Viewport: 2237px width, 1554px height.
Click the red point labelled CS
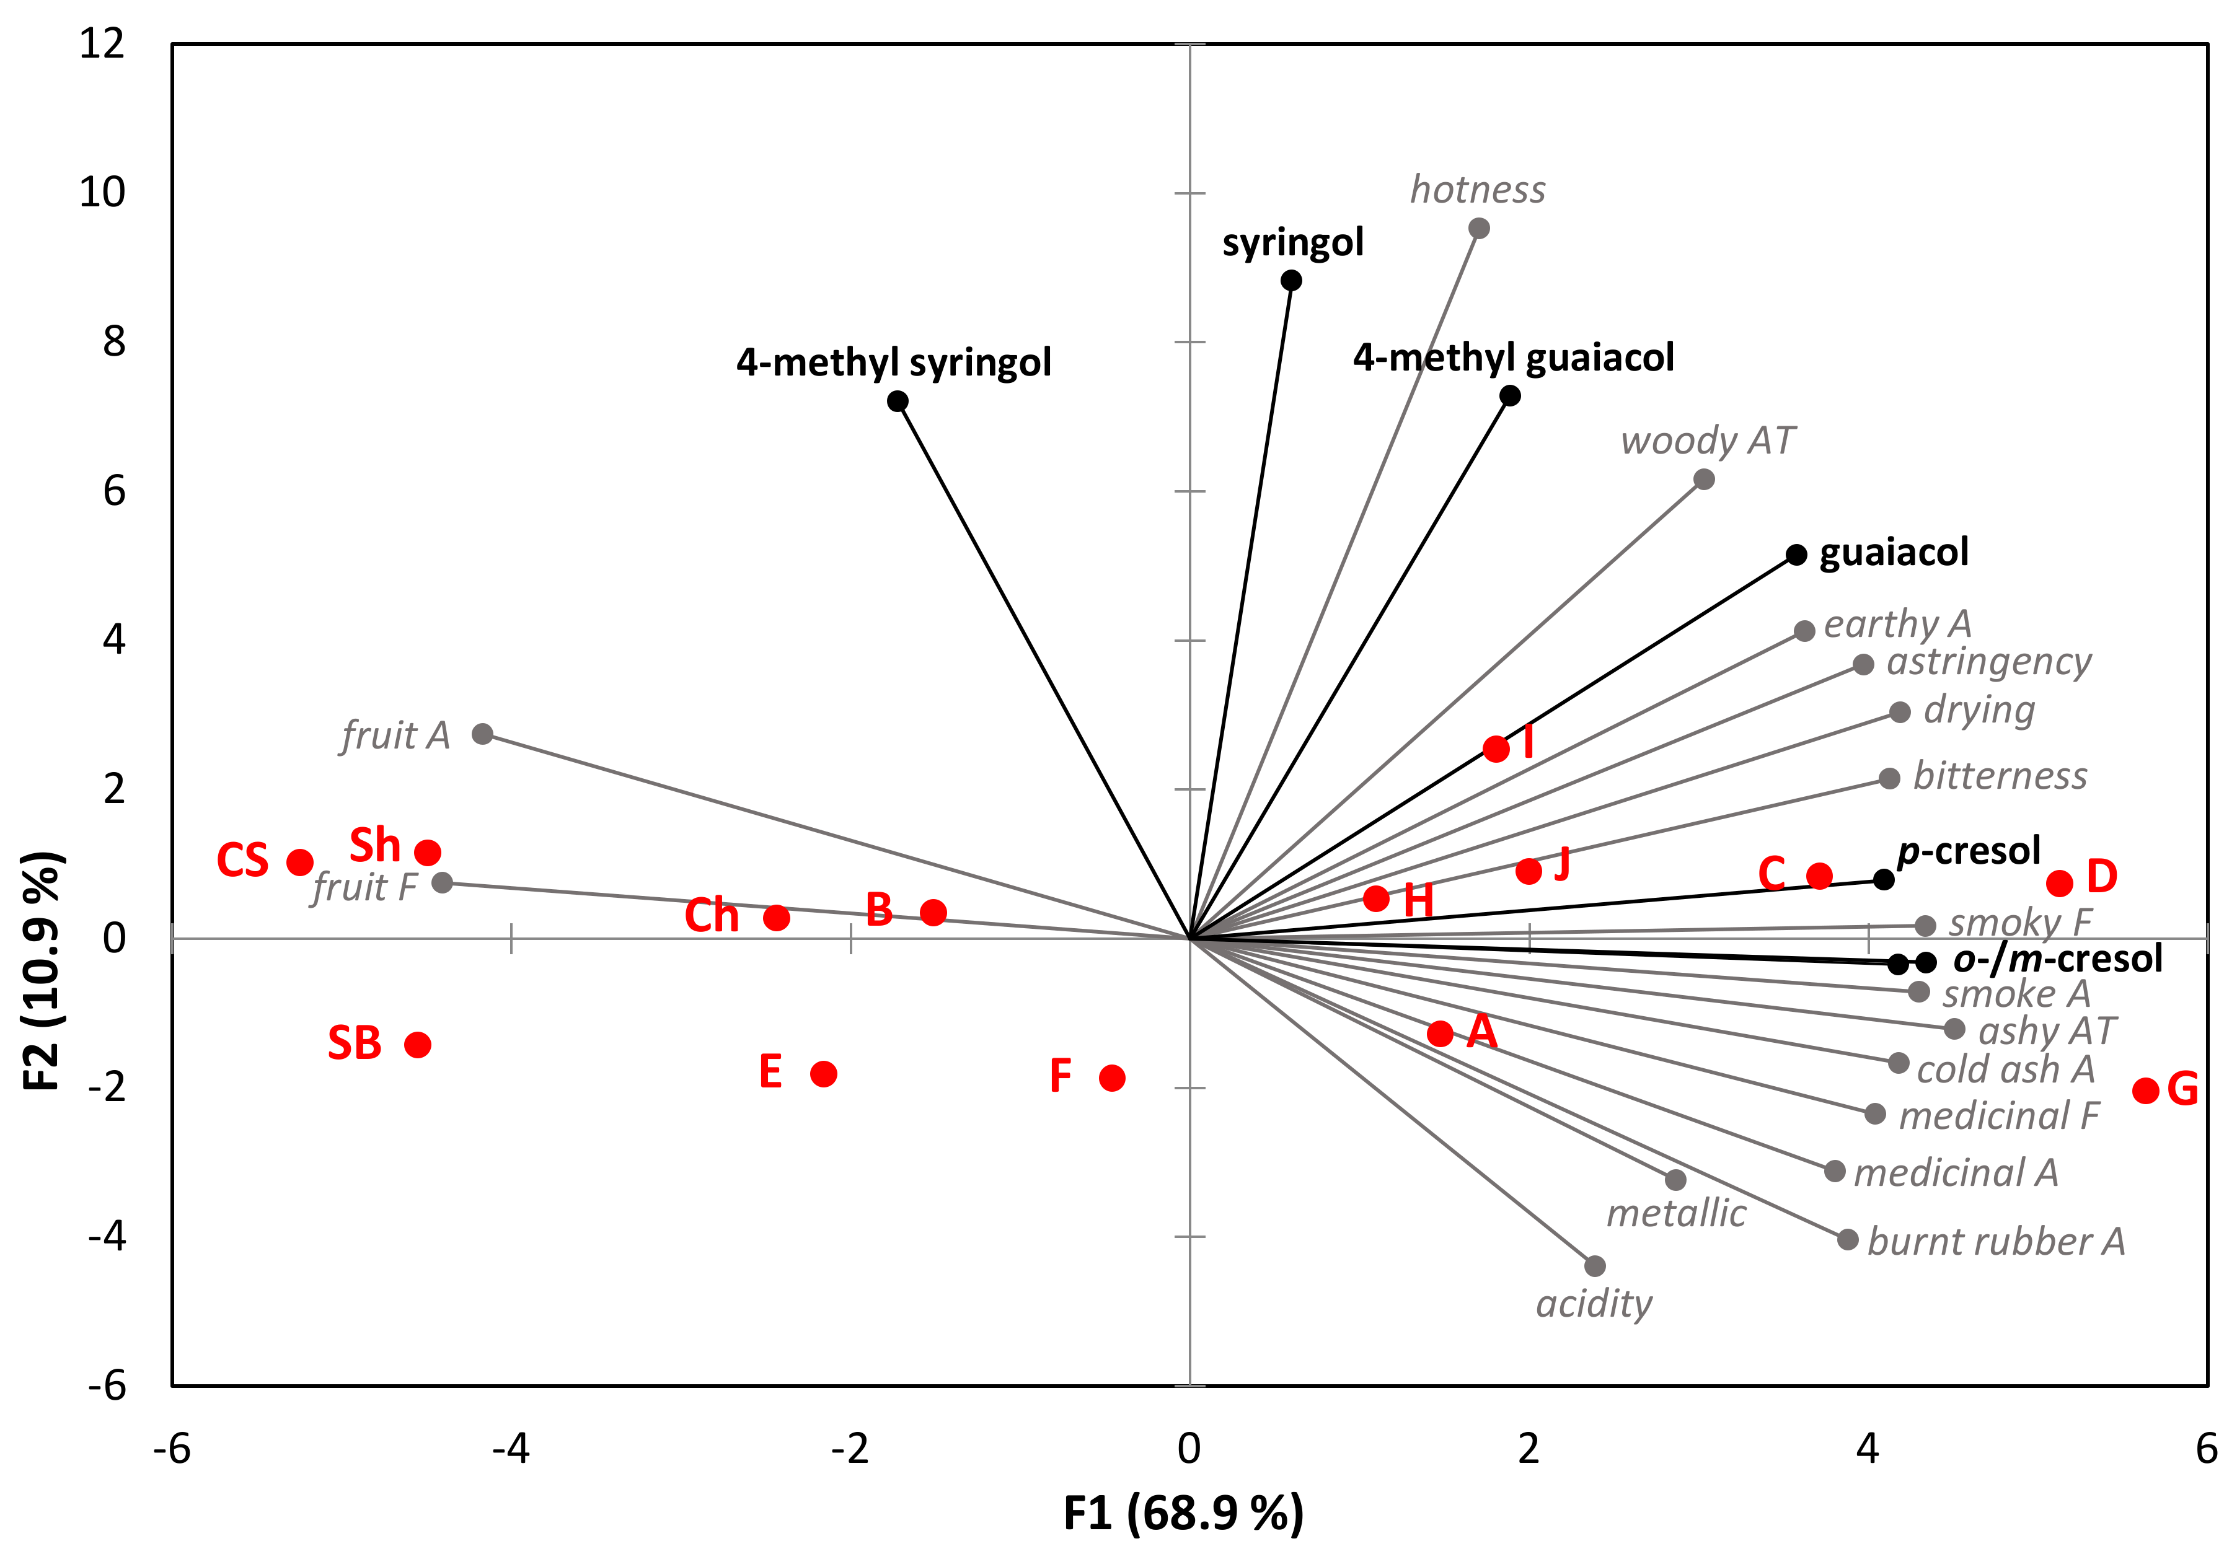300,862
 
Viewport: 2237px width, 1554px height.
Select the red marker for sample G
2145,1089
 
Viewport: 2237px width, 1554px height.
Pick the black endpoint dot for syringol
1291,281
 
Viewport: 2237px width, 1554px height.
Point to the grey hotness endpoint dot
1478,229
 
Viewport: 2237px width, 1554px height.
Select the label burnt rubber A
1995,1242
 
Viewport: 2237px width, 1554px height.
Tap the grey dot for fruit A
482,733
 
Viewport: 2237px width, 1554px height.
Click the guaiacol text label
1893,552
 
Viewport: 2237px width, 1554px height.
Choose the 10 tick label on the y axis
102,193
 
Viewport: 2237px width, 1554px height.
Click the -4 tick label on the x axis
510,1449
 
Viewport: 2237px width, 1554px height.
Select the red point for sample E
824,1074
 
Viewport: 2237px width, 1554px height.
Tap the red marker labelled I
1496,748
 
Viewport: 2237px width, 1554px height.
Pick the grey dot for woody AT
1703,479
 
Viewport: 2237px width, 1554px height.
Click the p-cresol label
1968,851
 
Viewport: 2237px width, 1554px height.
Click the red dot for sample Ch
776,917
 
